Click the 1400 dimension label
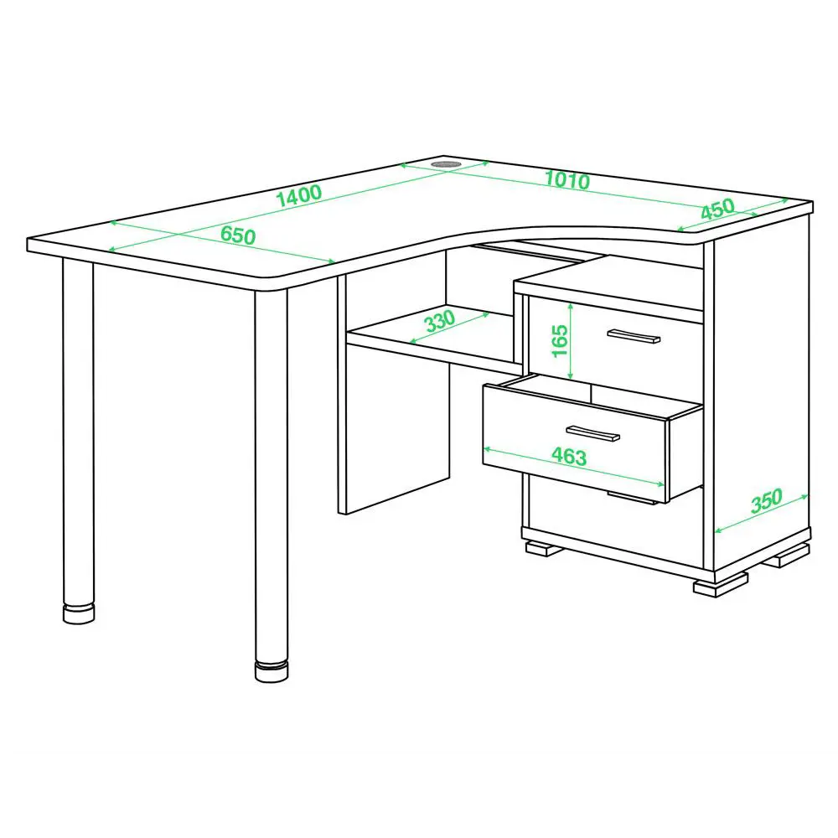(299, 195)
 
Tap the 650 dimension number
(238, 235)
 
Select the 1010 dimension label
(567, 179)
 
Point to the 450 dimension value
(718, 209)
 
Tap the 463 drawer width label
(569, 456)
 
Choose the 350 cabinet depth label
(767, 500)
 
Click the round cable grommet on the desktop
(447, 163)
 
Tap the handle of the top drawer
(634, 336)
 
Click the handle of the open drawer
(592, 433)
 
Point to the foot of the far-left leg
(79, 613)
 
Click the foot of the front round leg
(272, 671)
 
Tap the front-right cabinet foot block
(720, 585)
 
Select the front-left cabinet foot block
(544, 548)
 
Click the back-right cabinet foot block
(787, 556)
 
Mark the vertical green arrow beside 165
(571, 341)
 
